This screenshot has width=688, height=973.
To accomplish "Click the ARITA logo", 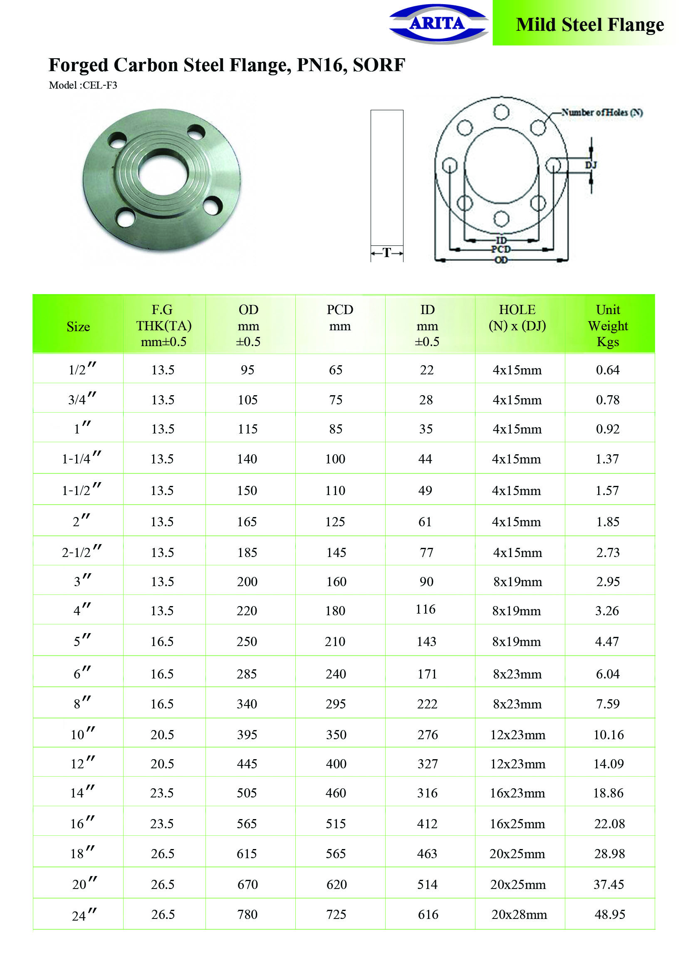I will click(438, 23).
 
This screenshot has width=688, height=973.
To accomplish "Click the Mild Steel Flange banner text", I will click(590, 25).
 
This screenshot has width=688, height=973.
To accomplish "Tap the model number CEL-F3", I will click(99, 85).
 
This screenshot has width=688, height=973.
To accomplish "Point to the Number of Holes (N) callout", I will click(601, 112).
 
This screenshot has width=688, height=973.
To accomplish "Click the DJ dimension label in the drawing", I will click(591, 165).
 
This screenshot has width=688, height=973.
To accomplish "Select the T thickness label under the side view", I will click(386, 253).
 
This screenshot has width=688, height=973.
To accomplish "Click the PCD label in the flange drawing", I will click(501, 249).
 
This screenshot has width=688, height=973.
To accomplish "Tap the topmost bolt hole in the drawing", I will click(501, 113).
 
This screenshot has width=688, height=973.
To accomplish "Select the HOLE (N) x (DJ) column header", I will click(517, 318).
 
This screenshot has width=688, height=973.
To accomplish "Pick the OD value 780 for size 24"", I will click(247, 914).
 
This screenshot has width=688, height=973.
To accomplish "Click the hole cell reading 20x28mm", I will click(519, 914).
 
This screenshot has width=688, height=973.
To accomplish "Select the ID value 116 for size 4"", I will click(426, 609).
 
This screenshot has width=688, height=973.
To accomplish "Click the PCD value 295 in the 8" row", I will click(336, 704).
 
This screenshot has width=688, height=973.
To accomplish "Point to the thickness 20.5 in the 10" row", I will click(162, 734).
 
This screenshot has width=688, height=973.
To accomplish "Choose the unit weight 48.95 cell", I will click(609, 914).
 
